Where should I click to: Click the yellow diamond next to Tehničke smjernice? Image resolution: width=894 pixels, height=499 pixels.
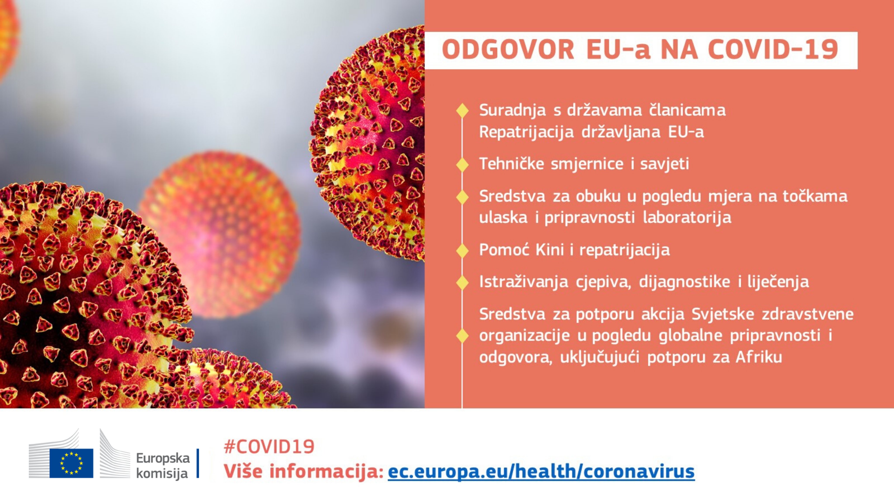pyautogui.click(x=462, y=164)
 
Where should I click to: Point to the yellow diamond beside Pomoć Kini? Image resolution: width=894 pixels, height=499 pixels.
pyautogui.click(x=462, y=250)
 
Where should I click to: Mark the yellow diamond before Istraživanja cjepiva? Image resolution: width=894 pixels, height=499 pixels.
pyautogui.click(x=462, y=282)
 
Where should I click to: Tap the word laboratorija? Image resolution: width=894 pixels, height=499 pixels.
pyautogui.click(x=687, y=218)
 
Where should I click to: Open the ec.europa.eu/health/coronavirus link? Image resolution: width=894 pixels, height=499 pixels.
pyautogui.click(x=541, y=472)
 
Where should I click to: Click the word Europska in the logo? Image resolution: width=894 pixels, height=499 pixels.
pyautogui.click(x=163, y=458)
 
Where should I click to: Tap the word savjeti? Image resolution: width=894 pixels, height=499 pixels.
pyautogui.click(x=665, y=164)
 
